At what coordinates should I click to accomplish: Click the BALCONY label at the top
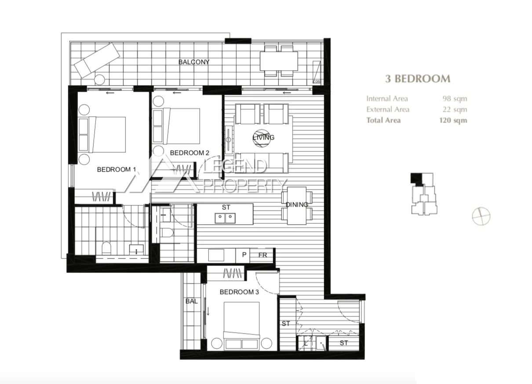(194, 62)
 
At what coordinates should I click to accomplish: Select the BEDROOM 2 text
(189, 153)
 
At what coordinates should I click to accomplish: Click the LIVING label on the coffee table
(263, 137)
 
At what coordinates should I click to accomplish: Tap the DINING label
(297, 205)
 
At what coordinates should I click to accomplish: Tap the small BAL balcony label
(191, 301)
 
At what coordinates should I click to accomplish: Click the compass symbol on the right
(481, 216)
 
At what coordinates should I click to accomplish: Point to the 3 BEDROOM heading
(418, 79)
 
